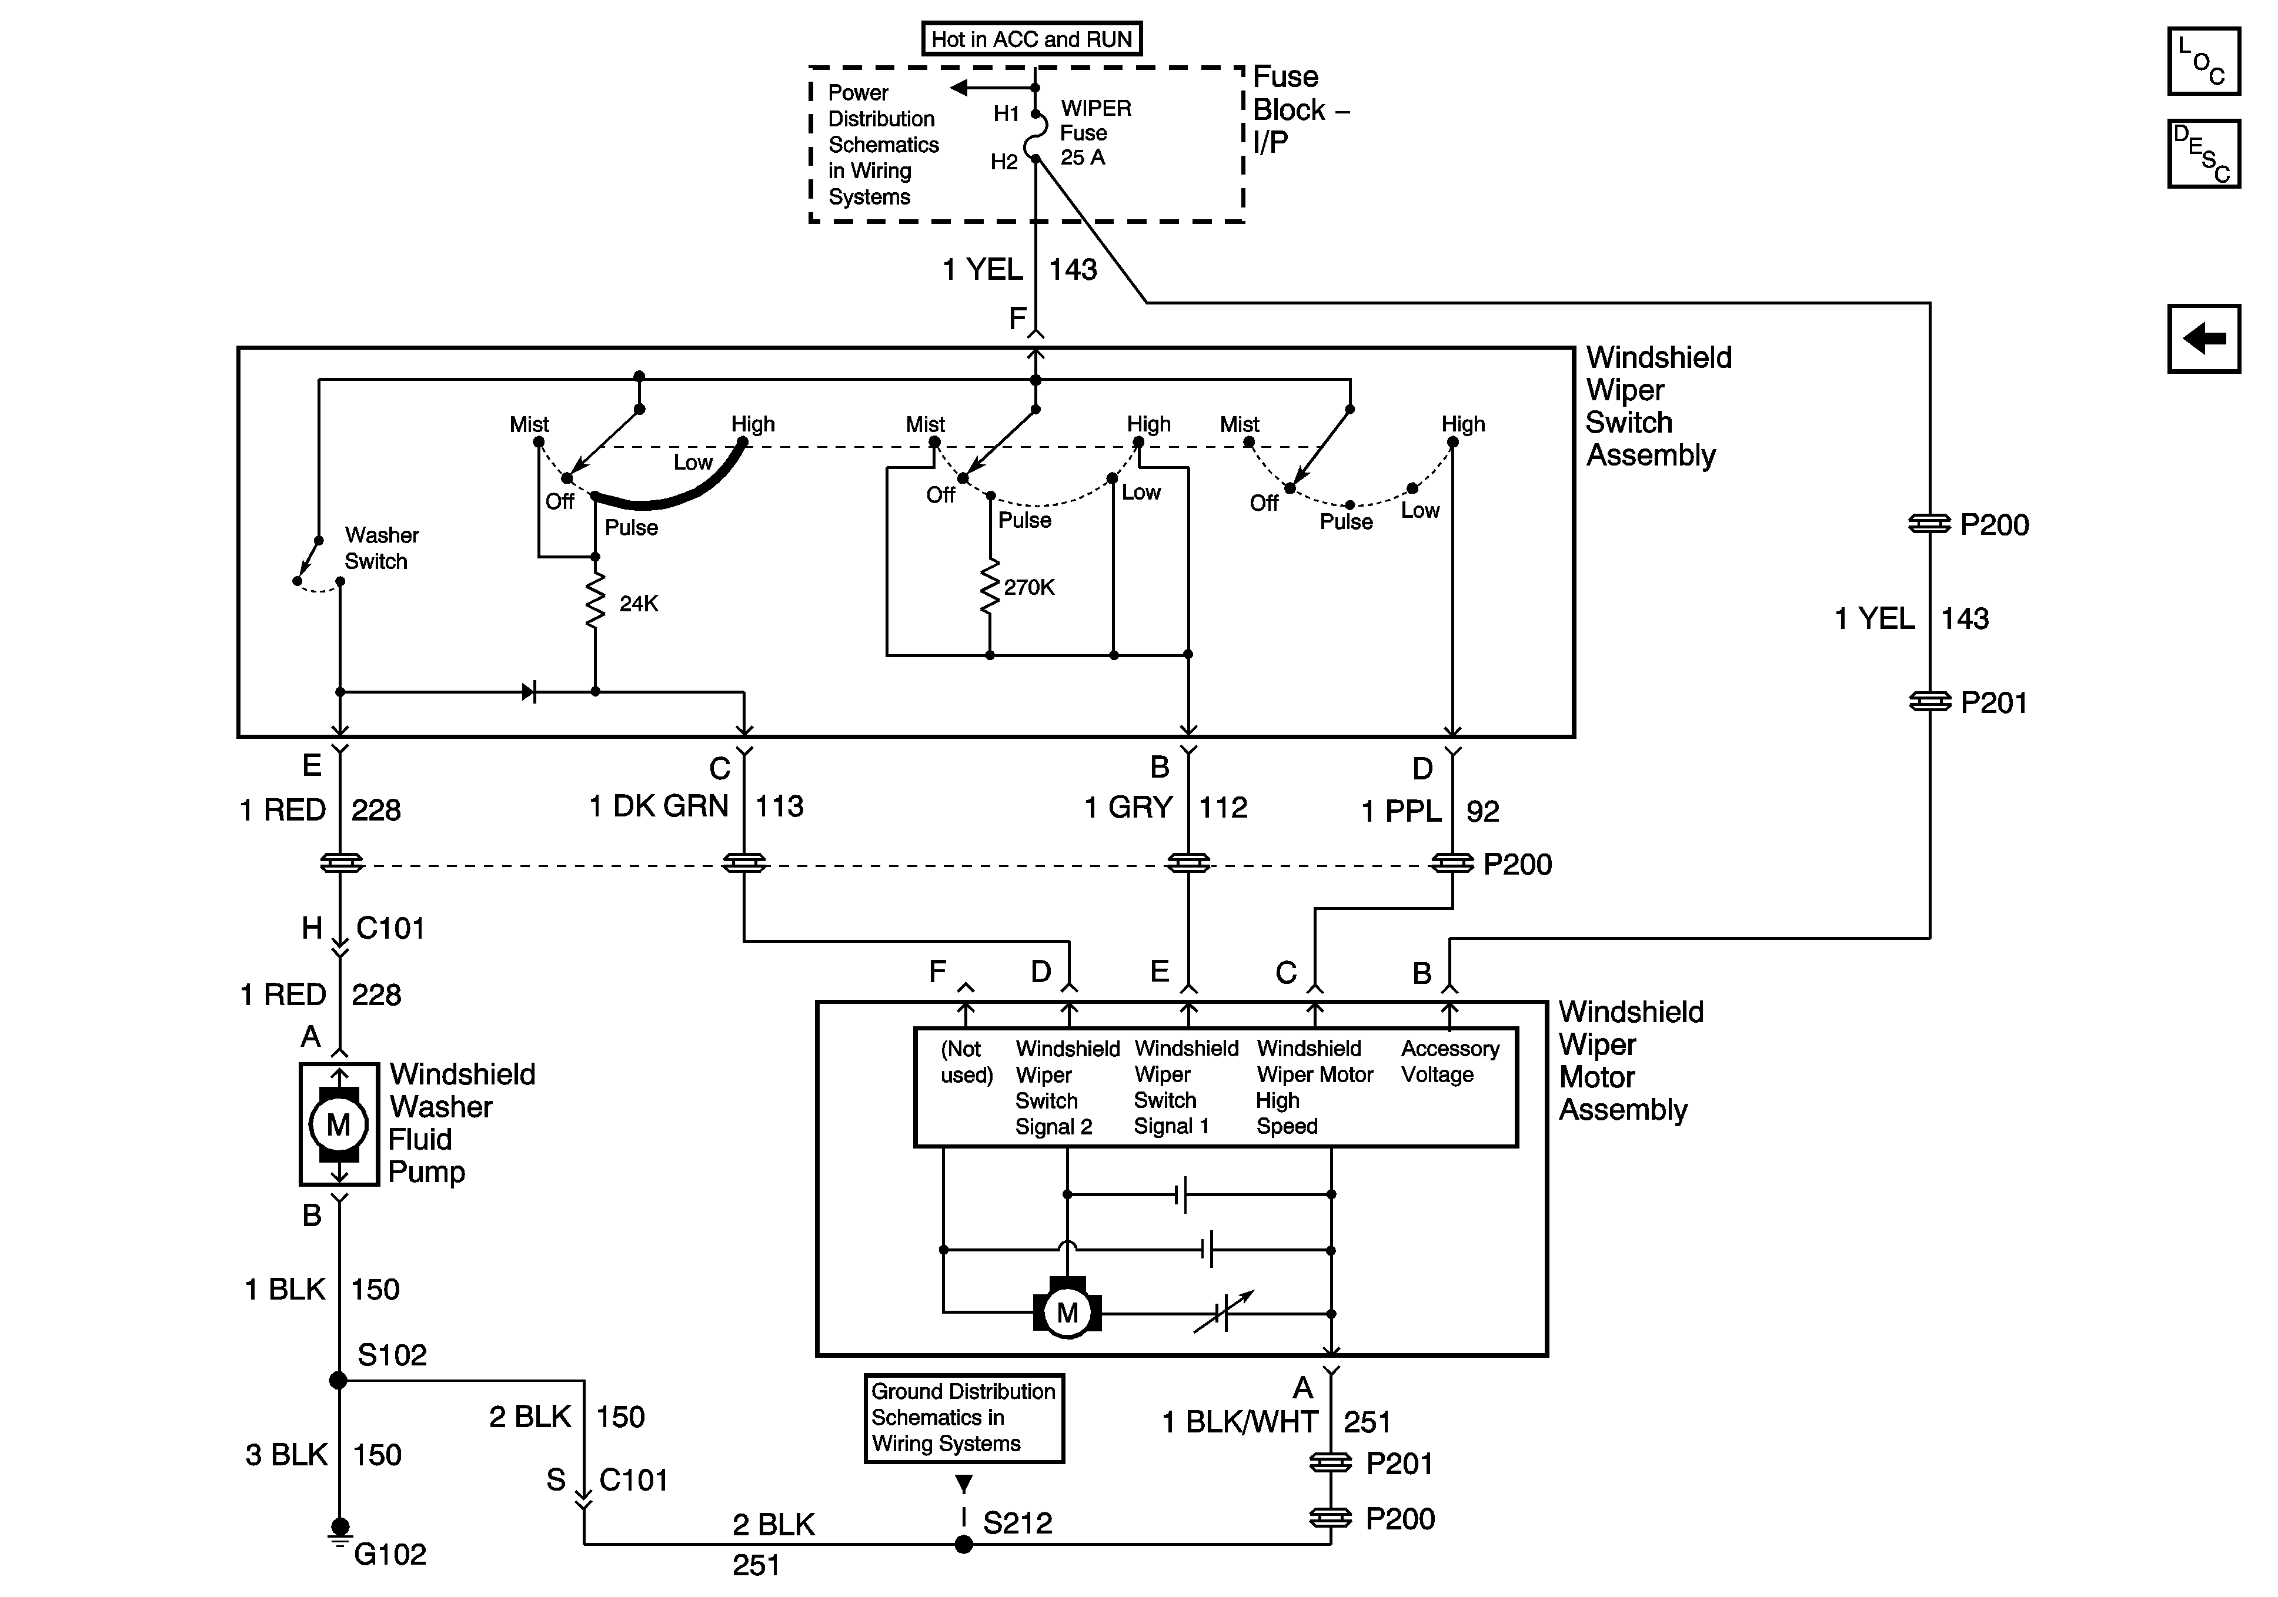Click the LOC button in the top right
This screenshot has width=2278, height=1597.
coord(2203,62)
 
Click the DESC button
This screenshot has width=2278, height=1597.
coord(2203,154)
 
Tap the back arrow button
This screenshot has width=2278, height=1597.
coord(2203,338)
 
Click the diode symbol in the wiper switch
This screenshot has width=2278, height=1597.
coord(529,691)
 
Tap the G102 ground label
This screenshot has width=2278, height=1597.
coord(390,1554)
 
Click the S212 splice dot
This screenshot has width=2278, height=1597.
coord(963,1545)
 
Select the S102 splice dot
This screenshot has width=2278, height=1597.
coord(338,1380)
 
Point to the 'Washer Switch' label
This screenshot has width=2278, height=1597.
coord(382,548)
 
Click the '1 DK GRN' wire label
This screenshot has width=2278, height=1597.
coord(659,806)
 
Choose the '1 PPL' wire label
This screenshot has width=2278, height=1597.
coord(1401,811)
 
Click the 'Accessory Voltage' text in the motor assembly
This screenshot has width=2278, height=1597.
coord(1449,1062)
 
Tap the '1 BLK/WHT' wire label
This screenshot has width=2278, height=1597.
coord(1240,1422)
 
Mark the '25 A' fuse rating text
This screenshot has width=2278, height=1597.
coord(1083,158)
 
